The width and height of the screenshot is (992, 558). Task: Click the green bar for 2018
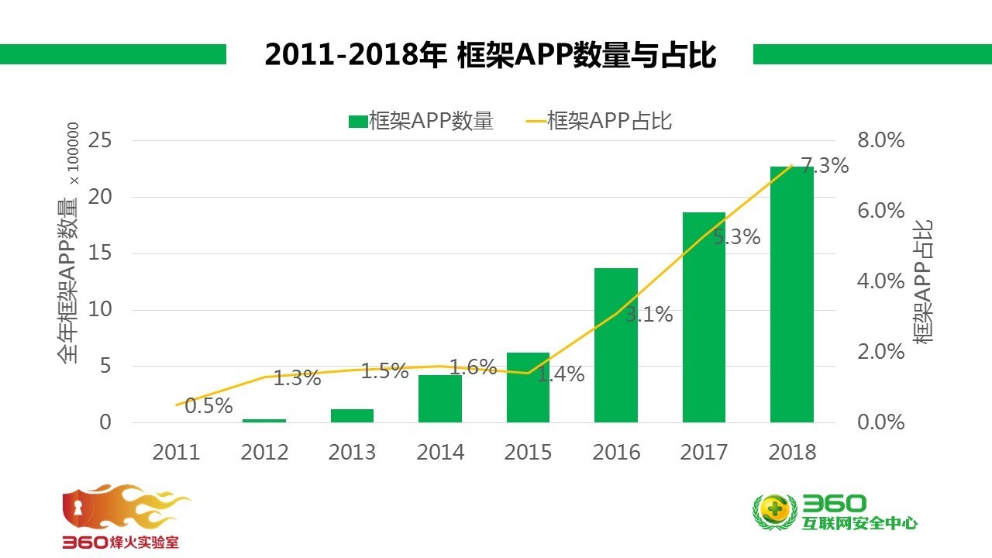point(791,294)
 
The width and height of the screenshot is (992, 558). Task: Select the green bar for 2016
point(615,345)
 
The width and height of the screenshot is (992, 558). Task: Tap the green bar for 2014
point(439,398)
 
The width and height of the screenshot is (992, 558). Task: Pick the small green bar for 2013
point(352,415)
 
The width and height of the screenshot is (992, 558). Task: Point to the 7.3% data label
point(824,166)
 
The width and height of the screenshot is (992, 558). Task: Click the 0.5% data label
point(208,405)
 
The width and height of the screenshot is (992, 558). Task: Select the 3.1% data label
point(649,315)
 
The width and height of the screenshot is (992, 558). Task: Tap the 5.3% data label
point(736,237)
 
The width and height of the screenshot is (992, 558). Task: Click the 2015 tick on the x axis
point(528,452)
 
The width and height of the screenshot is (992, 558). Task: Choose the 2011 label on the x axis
point(176,452)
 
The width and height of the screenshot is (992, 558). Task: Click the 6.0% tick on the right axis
point(880,211)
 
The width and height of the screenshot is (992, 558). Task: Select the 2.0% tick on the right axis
point(880,352)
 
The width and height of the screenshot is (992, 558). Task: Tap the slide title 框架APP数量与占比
point(490,55)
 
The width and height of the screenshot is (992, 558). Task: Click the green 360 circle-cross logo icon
point(774,511)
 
